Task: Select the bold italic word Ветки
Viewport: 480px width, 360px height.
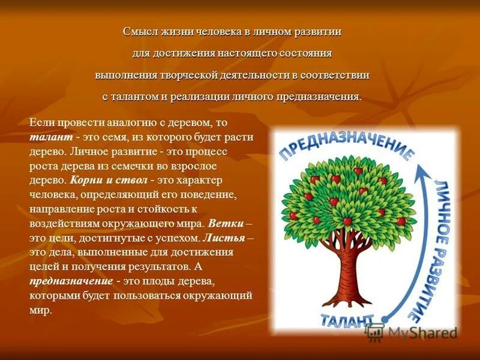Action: click(x=227, y=223)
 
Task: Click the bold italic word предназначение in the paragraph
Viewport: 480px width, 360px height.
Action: click(x=71, y=280)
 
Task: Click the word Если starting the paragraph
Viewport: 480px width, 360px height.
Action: click(x=41, y=122)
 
